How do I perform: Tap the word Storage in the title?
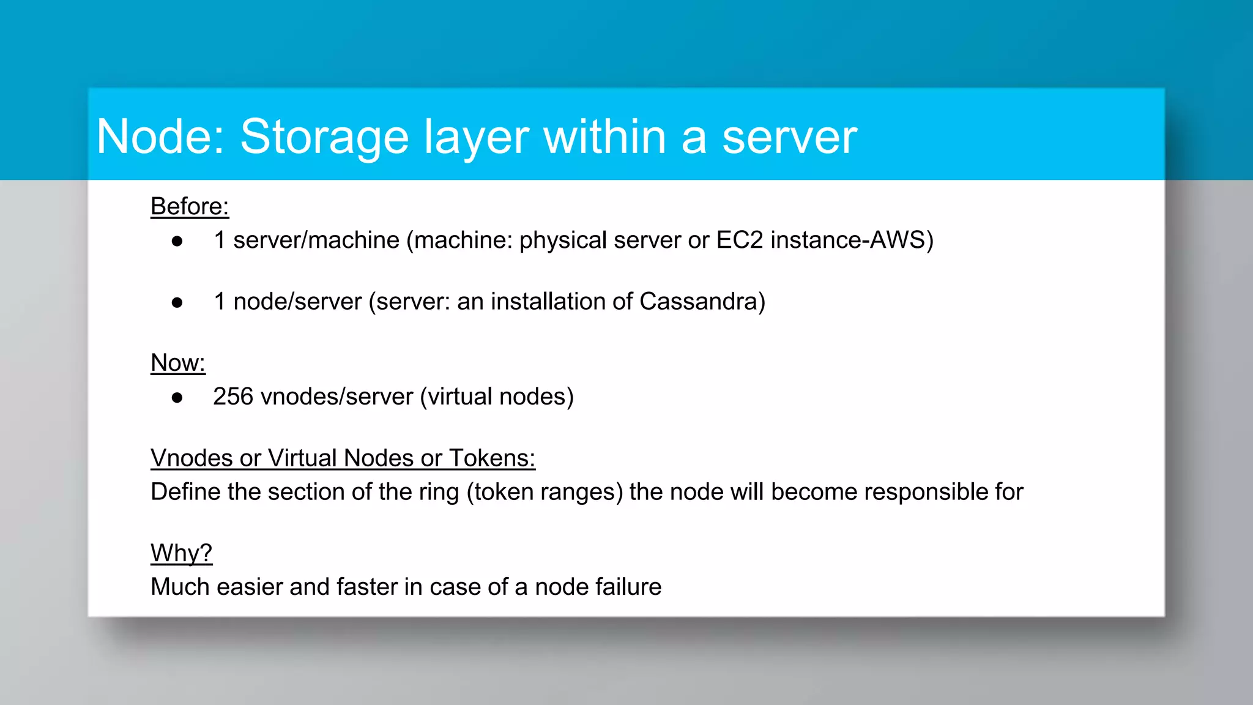(324, 138)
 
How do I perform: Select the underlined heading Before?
(190, 206)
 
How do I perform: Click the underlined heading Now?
(178, 363)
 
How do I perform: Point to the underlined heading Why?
(181, 553)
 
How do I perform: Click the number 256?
(232, 397)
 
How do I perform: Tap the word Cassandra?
(702, 302)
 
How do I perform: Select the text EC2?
(740, 240)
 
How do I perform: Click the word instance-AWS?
(851, 240)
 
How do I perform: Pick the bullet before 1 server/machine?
(177, 242)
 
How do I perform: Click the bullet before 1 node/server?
(177, 303)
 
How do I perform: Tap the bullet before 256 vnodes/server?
(177, 398)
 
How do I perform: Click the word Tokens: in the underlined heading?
(492, 458)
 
